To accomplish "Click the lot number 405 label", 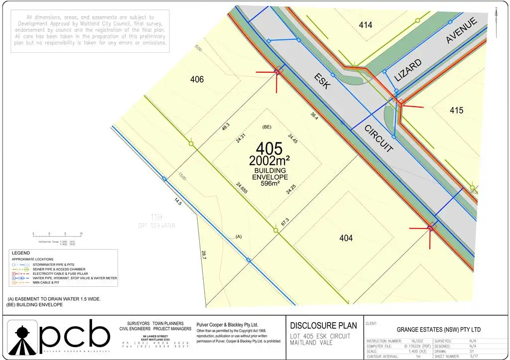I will pyautogui.click(x=269, y=149).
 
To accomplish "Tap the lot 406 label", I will pyautogui.click(x=197, y=79).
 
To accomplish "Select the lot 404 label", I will pyautogui.click(x=346, y=239).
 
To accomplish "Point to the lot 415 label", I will pyautogui.click(x=456, y=110).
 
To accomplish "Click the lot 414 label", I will pyautogui.click(x=366, y=24).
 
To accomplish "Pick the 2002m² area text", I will pyautogui.click(x=269, y=161).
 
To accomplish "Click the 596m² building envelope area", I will pyautogui.click(x=270, y=183).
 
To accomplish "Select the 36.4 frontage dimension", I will pyautogui.click(x=314, y=115).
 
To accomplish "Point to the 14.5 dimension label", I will pyautogui.click(x=178, y=202).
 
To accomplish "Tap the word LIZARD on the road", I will pyautogui.click(x=408, y=70).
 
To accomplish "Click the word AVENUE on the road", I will pyautogui.click(x=462, y=30).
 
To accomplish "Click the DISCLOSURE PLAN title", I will pyautogui.click(x=323, y=326).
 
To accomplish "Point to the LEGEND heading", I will pyautogui.click(x=21, y=253).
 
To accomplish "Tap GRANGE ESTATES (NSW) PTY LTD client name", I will pyautogui.click(x=438, y=330).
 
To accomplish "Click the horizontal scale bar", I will pyautogui.click(x=57, y=234).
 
